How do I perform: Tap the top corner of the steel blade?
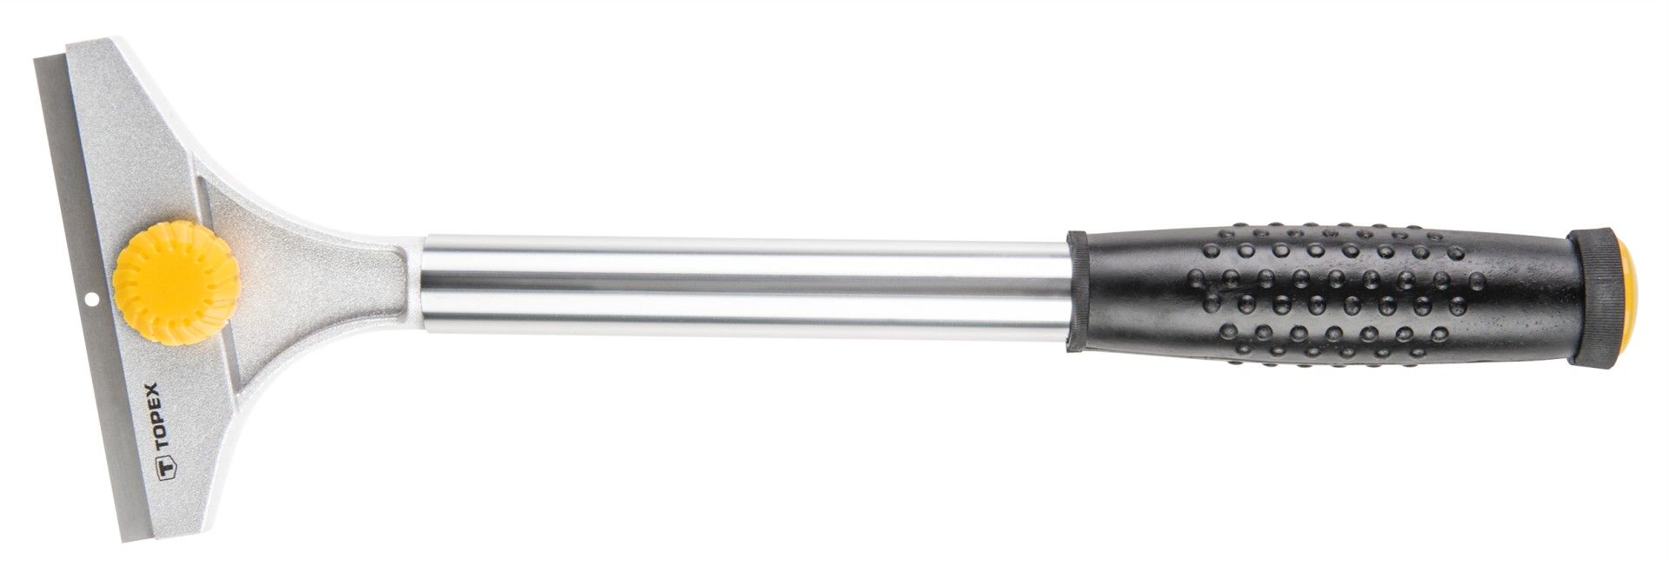[37, 60]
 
